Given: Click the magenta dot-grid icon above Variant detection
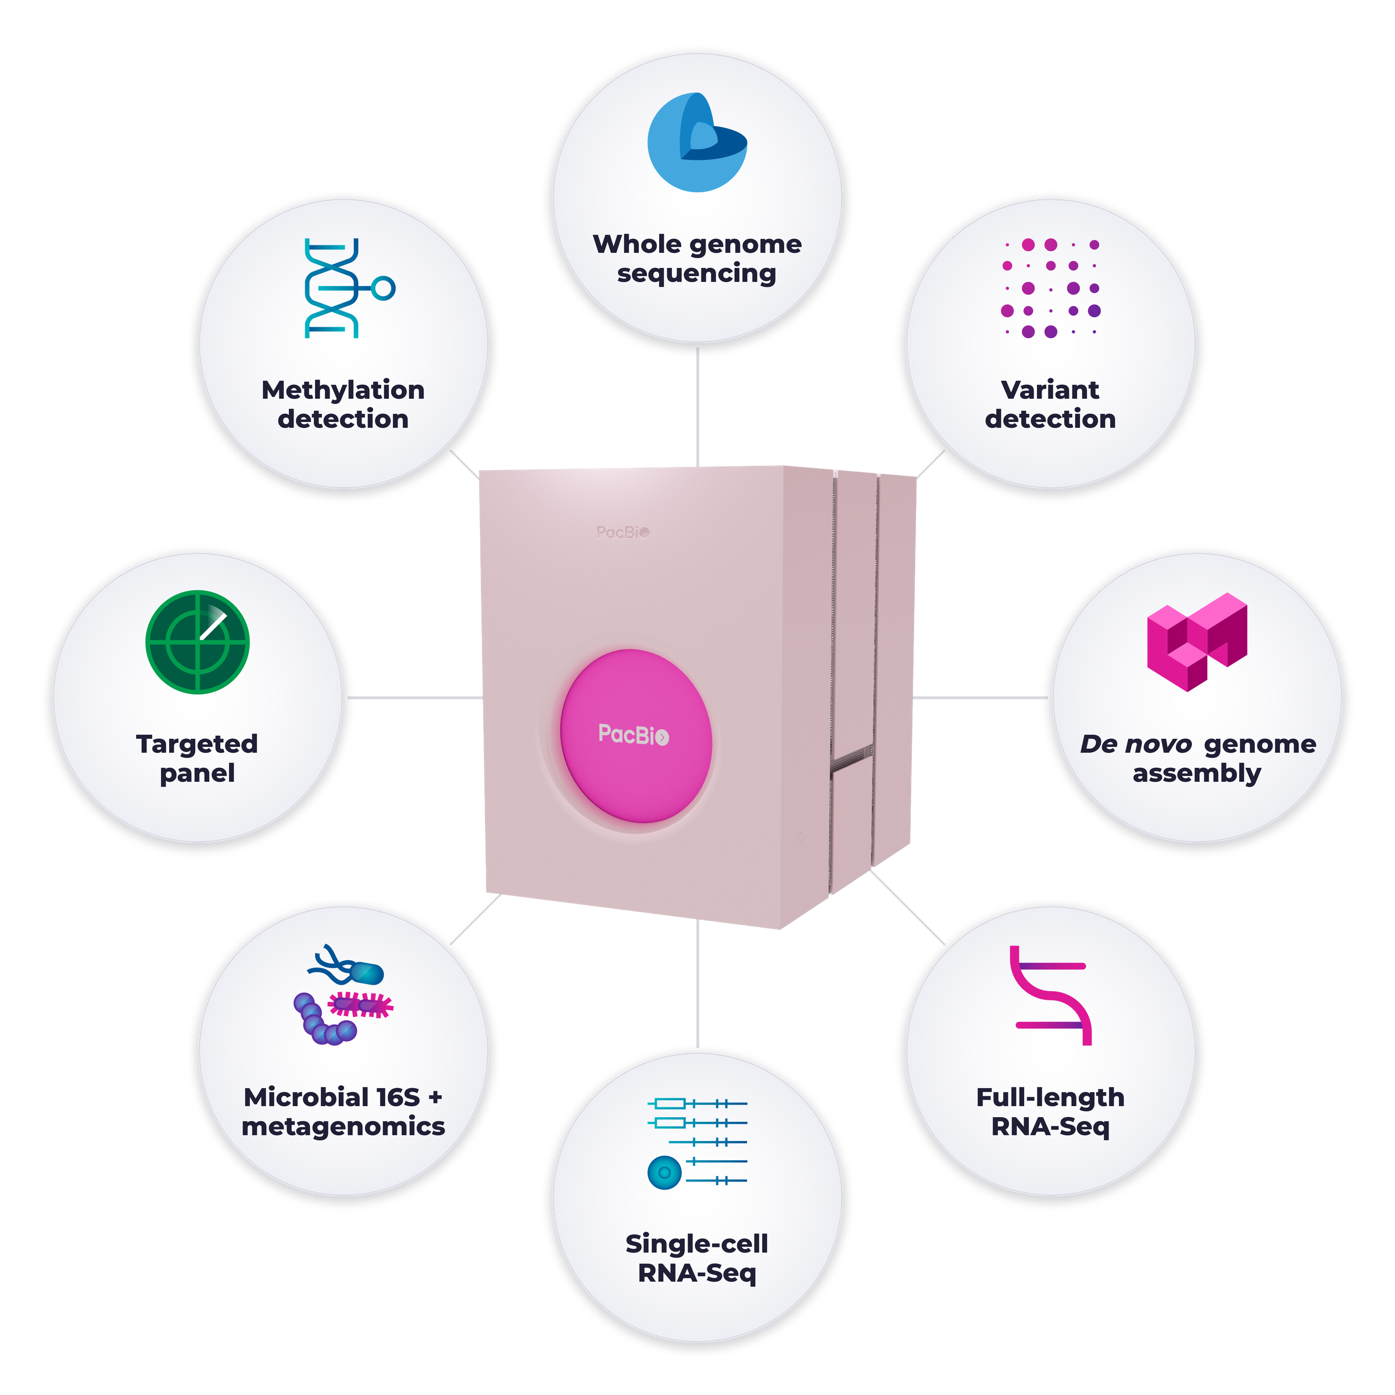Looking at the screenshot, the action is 1050,288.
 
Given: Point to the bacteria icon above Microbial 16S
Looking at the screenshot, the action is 344,995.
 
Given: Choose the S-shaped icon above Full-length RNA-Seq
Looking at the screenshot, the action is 1050,995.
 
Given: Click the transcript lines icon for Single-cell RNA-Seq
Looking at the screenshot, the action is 697,1143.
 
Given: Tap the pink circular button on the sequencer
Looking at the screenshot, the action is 636,736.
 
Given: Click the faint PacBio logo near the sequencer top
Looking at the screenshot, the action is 623,532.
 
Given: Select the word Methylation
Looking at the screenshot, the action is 343,390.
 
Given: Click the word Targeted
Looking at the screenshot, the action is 197,744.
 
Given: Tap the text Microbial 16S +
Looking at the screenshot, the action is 343,1097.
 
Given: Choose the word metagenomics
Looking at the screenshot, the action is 343,1126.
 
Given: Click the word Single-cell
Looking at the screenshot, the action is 697,1244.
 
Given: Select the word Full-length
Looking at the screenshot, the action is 1050,1097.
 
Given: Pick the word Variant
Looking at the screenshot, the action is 1050,390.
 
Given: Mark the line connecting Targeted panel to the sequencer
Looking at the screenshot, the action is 415,698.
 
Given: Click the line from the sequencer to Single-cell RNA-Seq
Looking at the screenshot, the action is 697,984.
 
